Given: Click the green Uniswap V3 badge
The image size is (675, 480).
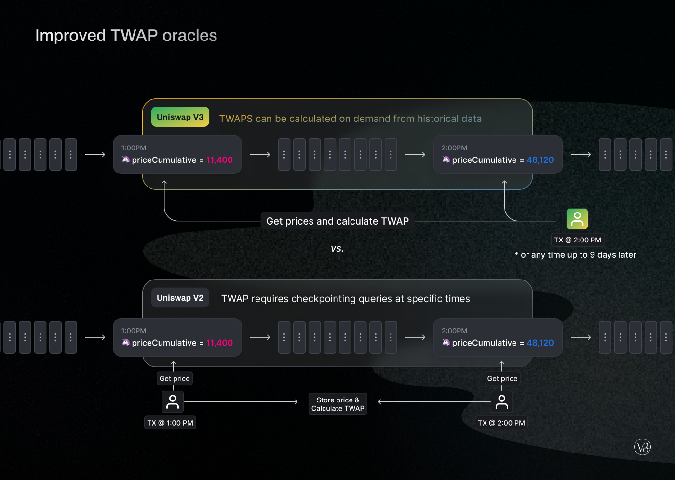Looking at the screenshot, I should click(180, 117).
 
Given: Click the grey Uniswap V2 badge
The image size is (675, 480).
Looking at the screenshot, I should click(180, 298).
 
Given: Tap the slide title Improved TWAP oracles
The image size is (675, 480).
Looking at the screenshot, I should click(126, 36).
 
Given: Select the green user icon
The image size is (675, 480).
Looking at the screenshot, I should click(577, 219).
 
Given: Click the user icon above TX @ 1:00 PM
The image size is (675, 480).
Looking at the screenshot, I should click(173, 401).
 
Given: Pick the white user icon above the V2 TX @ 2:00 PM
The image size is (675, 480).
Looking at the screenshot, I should click(501, 401).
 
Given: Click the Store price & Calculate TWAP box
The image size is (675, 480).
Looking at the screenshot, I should click(337, 404).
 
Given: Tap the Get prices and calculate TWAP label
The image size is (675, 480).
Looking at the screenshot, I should click(337, 221).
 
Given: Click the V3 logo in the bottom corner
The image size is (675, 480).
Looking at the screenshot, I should click(642, 447).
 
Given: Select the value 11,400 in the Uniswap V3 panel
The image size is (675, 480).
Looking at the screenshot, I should click(219, 160).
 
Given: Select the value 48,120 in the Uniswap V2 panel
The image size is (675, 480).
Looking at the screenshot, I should click(540, 343).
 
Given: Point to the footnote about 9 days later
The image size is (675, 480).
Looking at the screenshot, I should click(575, 255).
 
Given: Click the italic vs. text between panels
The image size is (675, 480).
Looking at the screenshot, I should click(337, 249).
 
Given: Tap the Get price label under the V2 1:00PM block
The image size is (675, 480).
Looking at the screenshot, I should click(175, 379).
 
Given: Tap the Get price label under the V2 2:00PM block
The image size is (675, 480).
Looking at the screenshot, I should click(502, 379).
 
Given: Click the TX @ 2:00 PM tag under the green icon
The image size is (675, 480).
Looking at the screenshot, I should click(578, 240).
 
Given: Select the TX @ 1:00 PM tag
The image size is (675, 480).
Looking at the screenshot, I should click(170, 423).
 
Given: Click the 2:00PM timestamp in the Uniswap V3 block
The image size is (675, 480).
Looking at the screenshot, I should click(454, 148).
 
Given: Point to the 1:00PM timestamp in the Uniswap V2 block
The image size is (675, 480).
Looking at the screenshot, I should click(134, 331).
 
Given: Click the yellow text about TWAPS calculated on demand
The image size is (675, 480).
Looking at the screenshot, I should click(350, 119).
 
